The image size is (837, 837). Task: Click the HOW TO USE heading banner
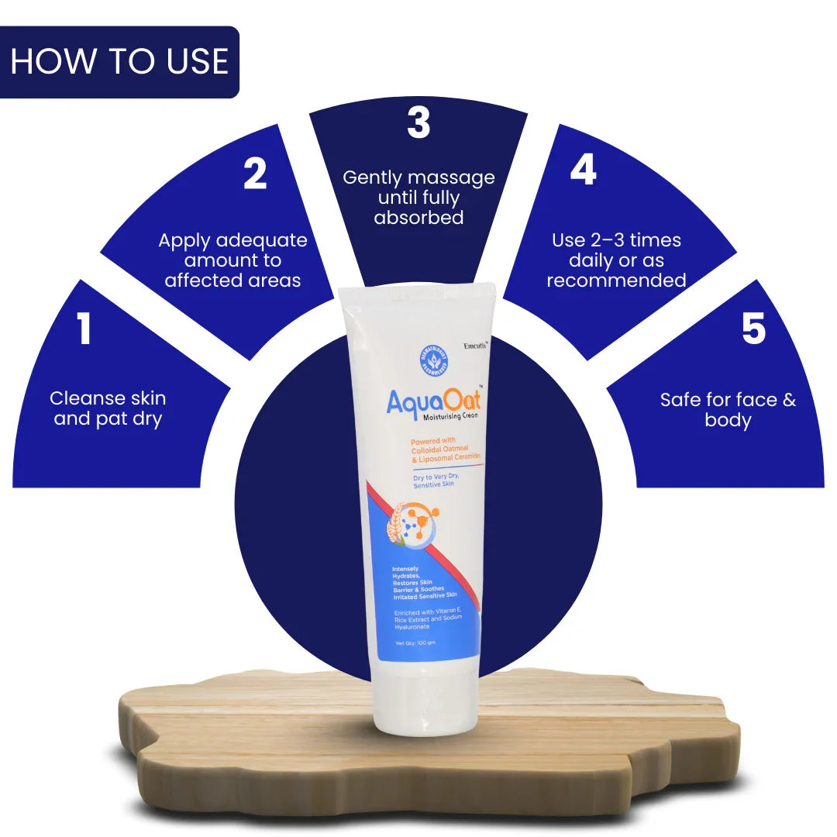pyautogui.click(x=119, y=62)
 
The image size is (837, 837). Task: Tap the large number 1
pyautogui.click(x=84, y=329)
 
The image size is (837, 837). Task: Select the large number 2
pyautogui.click(x=255, y=174)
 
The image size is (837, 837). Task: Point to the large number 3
pyautogui.click(x=418, y=122)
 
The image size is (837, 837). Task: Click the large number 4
pyautogui.click(x=583, y=170)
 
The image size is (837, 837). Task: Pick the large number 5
pyautogui.click(x=753, y=329)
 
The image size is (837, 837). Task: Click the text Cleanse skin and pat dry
pyautogui.click(x=108, y=408)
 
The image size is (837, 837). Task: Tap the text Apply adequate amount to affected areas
pyautogui.click(x=232, y=260)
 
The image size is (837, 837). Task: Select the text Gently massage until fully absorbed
pyautogui.click(x=418, y=198)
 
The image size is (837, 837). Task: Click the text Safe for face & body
pyautogui.click(x=728, y=410)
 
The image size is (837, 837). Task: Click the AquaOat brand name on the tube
pyautogui.click(x=433, y=401)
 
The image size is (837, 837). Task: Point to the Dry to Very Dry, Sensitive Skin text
pyautogui.click(x=436, y=480)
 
